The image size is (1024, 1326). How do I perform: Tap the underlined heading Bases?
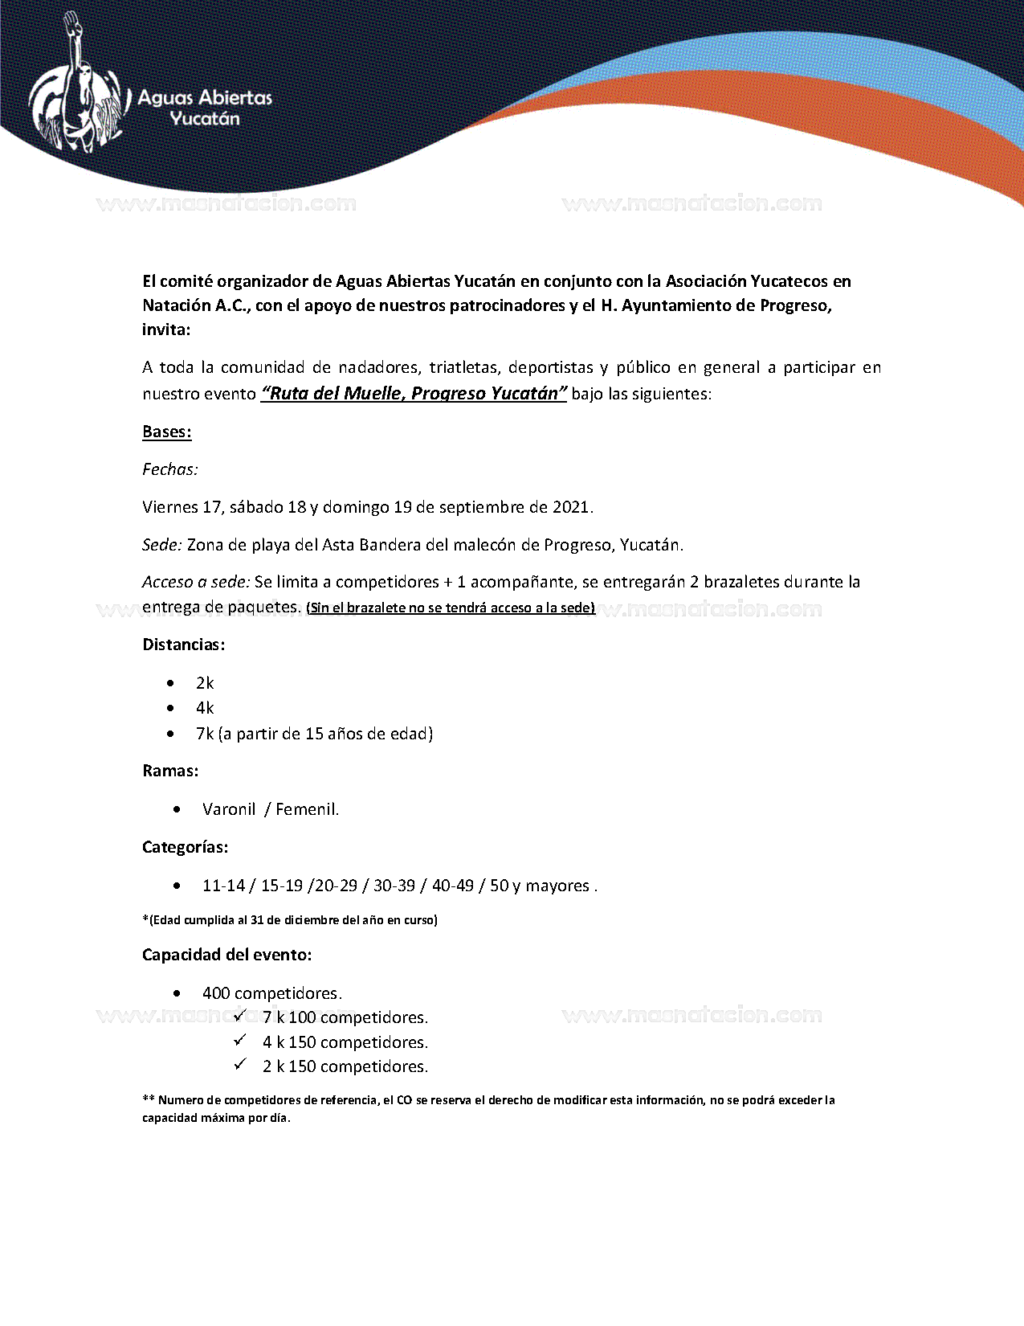(167, 432)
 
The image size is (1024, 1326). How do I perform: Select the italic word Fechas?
(170, 469)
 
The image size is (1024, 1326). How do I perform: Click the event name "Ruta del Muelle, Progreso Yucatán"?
(414, 393)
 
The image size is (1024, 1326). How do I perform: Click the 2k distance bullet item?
(205, 683)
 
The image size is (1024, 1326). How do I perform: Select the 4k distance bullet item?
(205, 708)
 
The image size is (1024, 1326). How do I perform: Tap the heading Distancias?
(183, 645)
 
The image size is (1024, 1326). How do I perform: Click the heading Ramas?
(170, 771)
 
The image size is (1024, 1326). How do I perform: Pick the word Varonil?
(229, 809)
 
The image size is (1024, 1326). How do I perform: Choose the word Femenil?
(307, 809)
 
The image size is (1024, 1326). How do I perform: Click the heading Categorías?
(185, 847)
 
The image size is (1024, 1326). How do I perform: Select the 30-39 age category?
(394, 886)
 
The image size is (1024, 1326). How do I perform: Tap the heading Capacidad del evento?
(226, 955)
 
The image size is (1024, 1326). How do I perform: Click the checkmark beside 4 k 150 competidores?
(240, 1041)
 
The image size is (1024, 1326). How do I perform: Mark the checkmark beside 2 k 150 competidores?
(240, 1065)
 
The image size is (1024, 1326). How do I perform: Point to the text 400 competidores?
(272, 993)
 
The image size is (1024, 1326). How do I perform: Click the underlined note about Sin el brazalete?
(451, 608)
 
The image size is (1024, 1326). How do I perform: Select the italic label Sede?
(162, 545)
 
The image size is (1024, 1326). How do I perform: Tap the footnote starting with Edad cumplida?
(290, 920)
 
